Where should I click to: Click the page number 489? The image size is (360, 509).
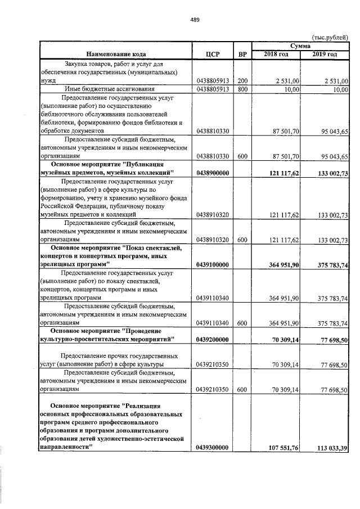pos(195,20)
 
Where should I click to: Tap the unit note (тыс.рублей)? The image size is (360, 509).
pos(330,36)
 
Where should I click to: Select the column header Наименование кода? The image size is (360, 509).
pos(115,54)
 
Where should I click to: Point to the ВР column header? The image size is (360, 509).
pos(242,54)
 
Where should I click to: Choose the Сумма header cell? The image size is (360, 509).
pos(300,46)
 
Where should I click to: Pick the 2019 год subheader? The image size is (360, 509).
pos(326,54)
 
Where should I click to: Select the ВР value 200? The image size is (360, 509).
pos(242,81)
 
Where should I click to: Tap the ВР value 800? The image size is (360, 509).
pos(242,89)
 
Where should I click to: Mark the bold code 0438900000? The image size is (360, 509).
pos(213,172)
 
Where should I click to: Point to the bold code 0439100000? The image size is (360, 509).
pos(213,263)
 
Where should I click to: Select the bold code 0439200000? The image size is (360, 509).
pos(213,340)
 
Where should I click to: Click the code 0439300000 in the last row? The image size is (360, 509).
pos(213,448)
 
